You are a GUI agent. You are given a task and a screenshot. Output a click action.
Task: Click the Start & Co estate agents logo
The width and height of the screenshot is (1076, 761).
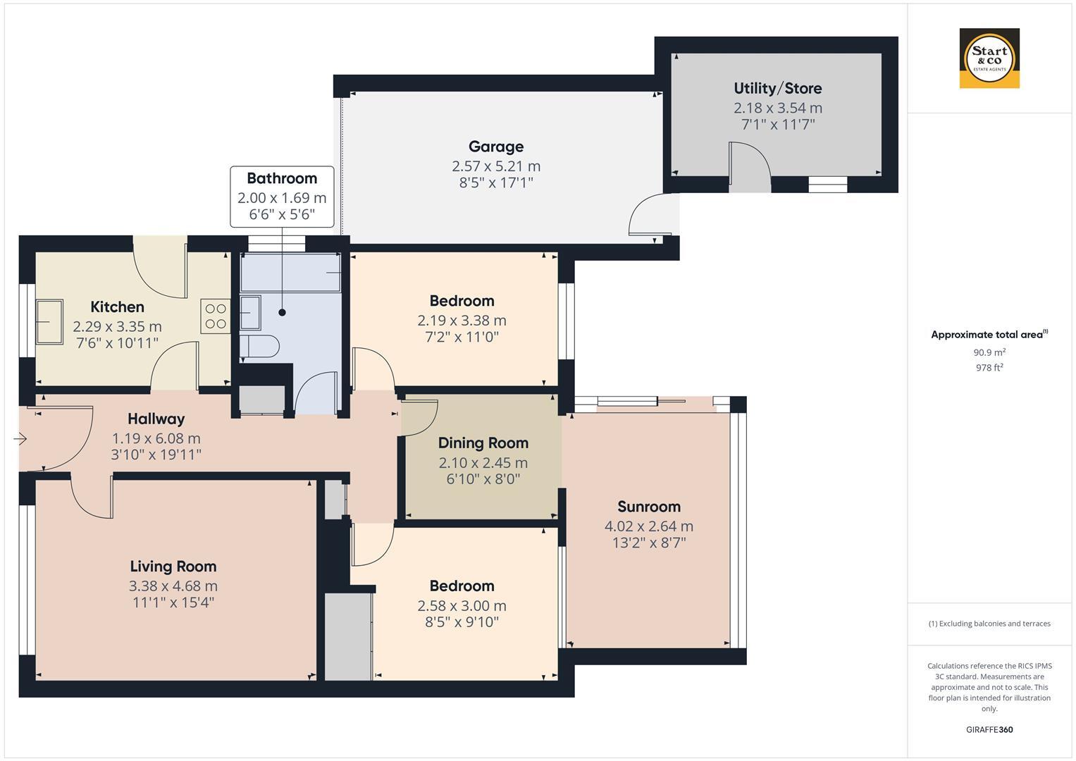click(x=989, y=58)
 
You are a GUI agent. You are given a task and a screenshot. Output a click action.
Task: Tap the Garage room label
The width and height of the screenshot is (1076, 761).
click(x=495, y=147)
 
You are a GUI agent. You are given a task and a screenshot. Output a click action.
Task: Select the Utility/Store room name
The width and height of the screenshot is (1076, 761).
click(x=777, y=88)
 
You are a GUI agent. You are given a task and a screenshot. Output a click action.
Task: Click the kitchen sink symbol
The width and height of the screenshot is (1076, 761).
click(x=49, y=321)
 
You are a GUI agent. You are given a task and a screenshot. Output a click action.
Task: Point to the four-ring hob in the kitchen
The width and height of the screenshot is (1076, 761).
click(x=216, y=316)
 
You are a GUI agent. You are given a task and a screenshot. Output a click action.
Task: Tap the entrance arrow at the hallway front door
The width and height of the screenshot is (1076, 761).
click(x=20, y=439)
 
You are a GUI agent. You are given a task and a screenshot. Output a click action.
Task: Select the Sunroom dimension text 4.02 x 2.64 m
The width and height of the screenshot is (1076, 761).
click(x=648, y=526)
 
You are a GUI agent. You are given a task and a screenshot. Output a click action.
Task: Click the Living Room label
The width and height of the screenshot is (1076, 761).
click(x=173, y=566)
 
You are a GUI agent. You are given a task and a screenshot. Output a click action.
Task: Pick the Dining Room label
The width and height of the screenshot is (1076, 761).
click(x=483, y=443)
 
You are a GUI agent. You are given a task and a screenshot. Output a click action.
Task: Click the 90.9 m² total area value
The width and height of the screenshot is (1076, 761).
click(x=989, y=352)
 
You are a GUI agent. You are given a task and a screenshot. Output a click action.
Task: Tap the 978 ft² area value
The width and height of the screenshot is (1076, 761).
click(x=989, y=368)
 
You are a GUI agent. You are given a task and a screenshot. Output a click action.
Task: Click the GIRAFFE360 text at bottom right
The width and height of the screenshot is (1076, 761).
click(x=989, y=729)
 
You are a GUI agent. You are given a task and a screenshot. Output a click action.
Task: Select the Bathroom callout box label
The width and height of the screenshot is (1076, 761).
click(x=281, y=178)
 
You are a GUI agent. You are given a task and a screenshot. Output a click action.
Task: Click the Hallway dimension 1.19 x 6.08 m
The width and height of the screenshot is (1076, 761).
click(x=156, y=438)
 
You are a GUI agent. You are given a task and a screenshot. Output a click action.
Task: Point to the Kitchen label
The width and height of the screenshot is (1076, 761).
click(x=117, y=307)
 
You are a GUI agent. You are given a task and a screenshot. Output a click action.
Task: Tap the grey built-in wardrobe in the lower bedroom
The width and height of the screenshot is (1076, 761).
click(x=347, y=636)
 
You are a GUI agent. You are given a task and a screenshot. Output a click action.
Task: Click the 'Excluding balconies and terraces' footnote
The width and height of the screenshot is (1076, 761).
click(x=989, y=624)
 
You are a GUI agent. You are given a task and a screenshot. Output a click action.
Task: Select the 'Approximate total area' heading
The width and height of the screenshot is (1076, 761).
click(x=989, y=335)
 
